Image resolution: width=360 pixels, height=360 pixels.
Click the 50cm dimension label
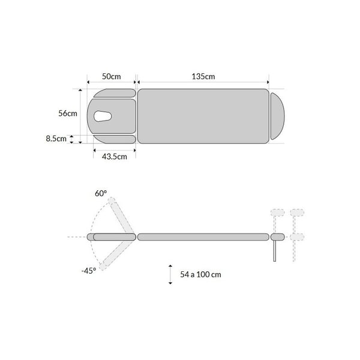coord(112,76)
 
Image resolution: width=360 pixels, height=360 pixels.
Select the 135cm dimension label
coord(203,76)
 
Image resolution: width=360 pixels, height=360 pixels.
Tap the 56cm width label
coord(68,113)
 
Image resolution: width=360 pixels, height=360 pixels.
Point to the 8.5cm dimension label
coord(56,139)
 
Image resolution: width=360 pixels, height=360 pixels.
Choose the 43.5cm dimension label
coord(115,157)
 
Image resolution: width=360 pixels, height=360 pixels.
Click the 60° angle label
coord(101,193)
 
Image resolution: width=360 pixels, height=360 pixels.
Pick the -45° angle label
coord(89,271)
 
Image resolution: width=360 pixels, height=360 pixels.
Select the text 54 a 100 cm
coord(200,274)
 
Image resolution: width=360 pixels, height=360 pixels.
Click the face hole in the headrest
coord(103,116)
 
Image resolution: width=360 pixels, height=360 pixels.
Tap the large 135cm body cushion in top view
coord(203,116)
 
